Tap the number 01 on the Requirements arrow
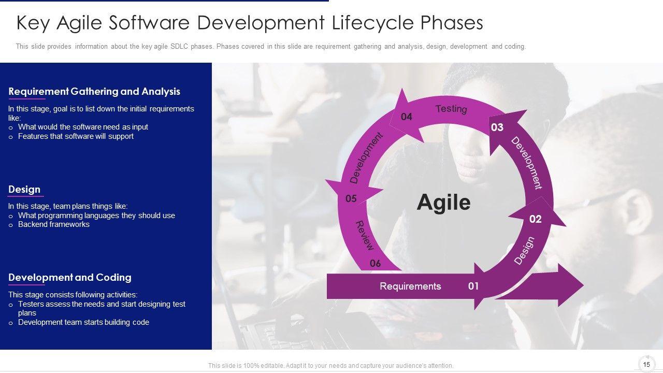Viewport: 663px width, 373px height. point(473,286)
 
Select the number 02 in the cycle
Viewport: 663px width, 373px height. point(536,219)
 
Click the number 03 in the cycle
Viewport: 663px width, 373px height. point(497,127)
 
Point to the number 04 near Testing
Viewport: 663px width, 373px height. point(407,117)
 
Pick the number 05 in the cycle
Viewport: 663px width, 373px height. point(351,198)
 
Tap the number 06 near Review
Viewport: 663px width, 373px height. point(376,263)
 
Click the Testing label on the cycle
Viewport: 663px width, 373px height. point(451,109)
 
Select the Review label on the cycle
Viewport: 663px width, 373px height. point(364,235)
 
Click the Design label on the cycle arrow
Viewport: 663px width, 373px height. point(524,250)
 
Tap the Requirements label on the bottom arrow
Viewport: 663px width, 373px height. point(410,286)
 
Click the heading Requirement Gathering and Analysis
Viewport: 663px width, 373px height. point(94,92)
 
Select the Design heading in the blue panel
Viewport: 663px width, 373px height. point(24,189)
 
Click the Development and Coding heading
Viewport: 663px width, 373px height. point(70,277)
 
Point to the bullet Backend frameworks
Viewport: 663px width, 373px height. point(53,224)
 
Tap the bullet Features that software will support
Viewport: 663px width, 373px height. point(76,136)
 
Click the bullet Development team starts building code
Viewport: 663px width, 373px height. point(83,322)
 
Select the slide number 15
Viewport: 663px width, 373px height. point(647,364)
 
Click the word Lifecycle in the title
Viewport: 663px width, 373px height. point(372,23)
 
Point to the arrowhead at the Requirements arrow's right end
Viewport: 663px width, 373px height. point(571,285)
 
